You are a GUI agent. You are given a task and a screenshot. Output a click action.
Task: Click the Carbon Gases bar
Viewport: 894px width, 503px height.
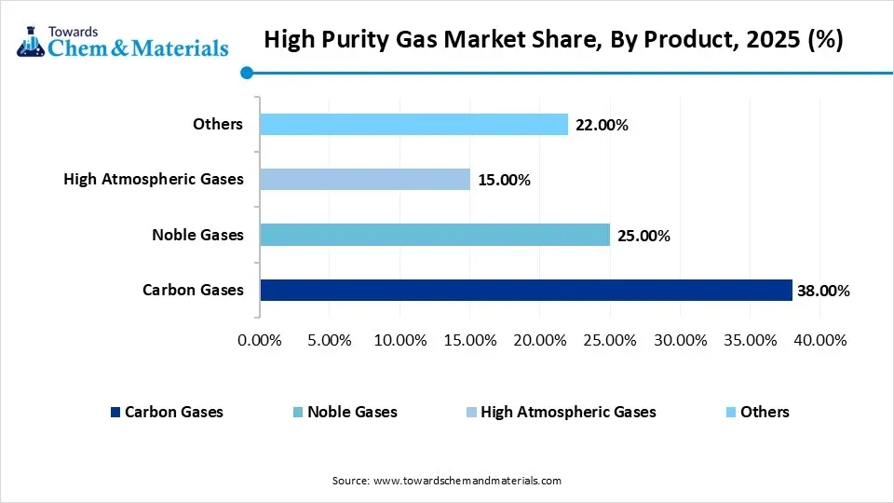pos(526,291)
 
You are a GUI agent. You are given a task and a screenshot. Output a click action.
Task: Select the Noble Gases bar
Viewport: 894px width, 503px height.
pos(435,235)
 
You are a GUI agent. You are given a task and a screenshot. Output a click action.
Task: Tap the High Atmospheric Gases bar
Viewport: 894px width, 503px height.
pos(365,179)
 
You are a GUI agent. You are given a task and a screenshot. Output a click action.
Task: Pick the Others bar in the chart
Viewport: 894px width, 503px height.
pos(413,124)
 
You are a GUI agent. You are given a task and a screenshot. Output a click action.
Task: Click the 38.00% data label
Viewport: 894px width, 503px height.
pos(823,292)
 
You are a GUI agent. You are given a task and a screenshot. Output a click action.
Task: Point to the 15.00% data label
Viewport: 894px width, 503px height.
pos(504,180)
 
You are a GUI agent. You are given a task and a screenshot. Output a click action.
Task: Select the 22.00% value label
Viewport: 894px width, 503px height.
pos(602,125)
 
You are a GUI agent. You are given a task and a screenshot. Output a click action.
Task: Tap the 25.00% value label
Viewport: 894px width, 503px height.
pos(643,236)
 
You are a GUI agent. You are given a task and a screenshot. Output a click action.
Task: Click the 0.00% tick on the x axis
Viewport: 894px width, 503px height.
pos(260,340)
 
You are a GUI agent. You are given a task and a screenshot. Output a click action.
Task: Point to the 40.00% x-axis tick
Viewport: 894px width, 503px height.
pos(819,340)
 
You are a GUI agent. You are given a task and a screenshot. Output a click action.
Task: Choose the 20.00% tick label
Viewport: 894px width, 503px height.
pos(540,340)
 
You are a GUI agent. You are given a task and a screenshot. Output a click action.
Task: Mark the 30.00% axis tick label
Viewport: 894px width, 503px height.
pos(680,340)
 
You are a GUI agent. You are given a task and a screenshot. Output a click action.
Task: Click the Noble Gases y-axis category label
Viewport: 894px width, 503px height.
pos(197,235)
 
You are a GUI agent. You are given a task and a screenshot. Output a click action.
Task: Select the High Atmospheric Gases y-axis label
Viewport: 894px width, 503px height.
pos(154,179)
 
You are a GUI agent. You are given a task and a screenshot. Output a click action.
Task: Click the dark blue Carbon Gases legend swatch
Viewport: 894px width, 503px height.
pos(115,412)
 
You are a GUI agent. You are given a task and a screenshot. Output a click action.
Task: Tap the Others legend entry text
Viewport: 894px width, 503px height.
pos(765,412)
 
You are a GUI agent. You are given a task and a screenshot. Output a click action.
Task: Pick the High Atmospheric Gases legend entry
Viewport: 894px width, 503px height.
pos(568,412)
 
